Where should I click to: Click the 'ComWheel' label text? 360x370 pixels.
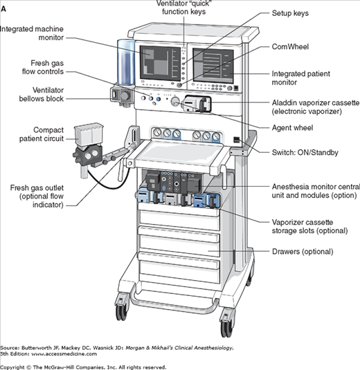tap(290, 47)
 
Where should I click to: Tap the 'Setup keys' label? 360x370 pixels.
tap(290, 13)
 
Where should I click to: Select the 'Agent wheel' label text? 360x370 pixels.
tap(292, 128)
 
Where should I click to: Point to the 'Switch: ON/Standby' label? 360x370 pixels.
tap(305, 152)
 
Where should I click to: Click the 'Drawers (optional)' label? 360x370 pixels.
tap(303, 252)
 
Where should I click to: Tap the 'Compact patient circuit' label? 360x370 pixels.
tap(42, 134)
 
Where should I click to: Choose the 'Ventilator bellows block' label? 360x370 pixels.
tap(42, 94)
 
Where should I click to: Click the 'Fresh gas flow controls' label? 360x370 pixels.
tap(43, 67)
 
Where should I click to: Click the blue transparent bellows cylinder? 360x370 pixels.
tap(126, 62)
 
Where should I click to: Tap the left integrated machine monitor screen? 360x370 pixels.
tap(157, 63)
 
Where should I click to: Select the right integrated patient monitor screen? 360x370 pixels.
tap(213, 66)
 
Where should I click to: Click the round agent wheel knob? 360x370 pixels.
tap(175, 102)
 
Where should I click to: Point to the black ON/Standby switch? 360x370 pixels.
tap(237, 140)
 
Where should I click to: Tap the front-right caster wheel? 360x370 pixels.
tap(226, 324)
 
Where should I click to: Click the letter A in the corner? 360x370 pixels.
tap(3, 9)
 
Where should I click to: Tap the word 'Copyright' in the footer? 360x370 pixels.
tap(12, 367)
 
